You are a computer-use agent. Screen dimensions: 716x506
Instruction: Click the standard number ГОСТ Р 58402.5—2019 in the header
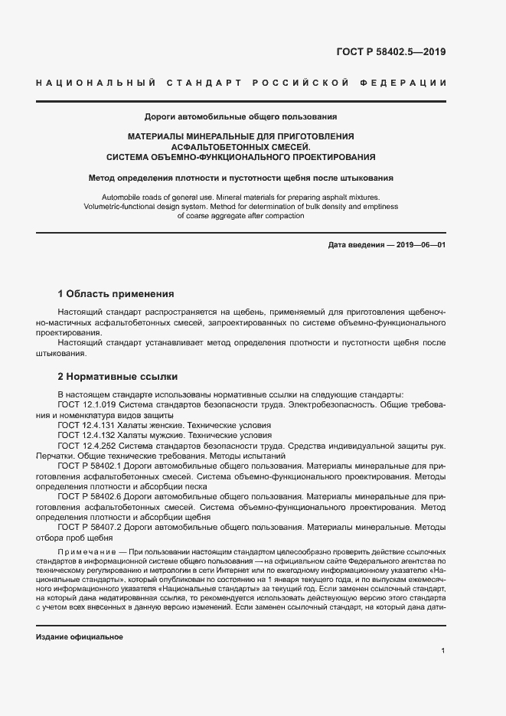tap(390, 53)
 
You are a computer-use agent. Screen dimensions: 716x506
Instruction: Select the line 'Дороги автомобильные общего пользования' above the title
tap(241, 117)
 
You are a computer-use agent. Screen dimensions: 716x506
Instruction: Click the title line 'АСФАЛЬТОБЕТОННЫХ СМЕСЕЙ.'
tap(241, 146)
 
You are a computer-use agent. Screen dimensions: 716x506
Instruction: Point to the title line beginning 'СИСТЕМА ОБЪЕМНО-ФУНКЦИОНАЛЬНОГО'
tap(241, 157)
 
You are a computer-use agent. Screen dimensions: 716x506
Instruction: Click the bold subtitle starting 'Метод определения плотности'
tap(241, 178)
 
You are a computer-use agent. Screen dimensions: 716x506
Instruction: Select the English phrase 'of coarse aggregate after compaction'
tap(241, 216)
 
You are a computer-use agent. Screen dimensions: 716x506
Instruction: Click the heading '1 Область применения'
tap(116, 293)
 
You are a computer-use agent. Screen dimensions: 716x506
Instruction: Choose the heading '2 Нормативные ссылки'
tap(118, 377)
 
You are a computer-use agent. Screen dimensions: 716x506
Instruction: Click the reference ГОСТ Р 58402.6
tap(90, 497)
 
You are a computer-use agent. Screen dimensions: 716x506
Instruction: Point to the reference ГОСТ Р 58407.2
tap(90, 527)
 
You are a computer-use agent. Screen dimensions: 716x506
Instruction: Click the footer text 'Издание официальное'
tap(80, 637)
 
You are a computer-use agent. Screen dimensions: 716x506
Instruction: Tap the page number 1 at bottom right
tap(443, 650)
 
